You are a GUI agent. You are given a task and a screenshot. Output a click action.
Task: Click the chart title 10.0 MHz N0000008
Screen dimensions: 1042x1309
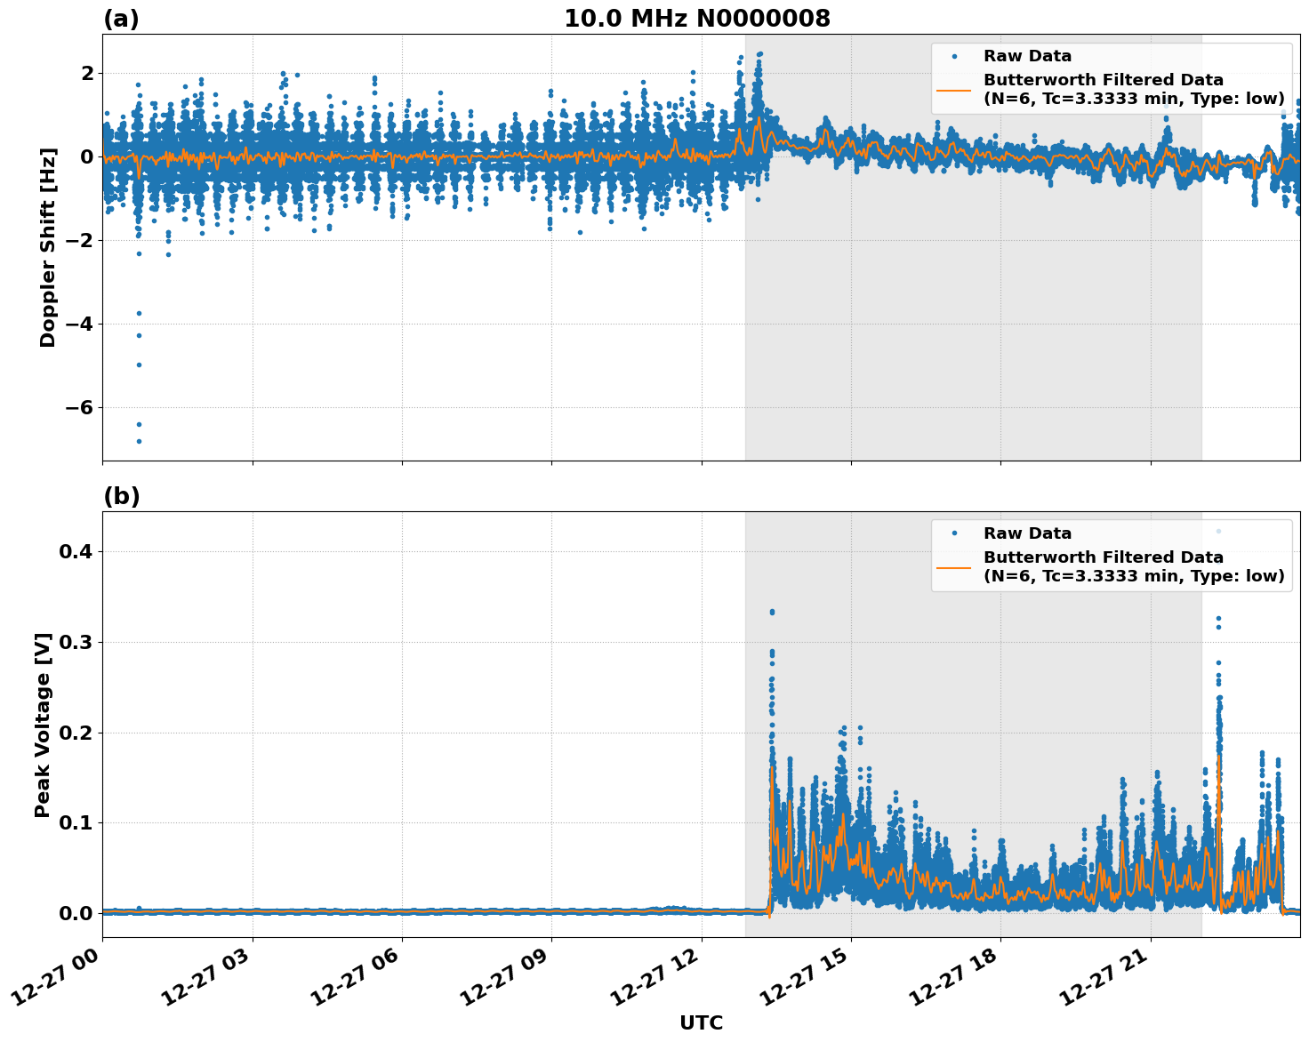696,19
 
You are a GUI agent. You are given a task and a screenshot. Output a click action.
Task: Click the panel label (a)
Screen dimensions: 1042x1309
121,19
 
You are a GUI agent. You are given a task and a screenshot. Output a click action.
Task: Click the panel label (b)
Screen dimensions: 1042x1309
121,496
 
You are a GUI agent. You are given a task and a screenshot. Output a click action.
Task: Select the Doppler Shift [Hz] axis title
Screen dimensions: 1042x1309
48,247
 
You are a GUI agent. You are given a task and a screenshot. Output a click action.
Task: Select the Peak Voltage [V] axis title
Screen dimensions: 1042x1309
43,725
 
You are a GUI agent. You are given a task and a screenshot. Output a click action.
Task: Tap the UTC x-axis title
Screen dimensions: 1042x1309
701,1022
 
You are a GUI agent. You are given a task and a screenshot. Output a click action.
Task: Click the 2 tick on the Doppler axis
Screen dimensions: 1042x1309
87,73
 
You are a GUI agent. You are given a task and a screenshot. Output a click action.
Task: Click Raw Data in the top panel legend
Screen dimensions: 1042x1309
1027,56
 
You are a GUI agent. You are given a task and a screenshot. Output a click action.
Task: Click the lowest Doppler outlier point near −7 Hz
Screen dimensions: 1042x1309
139,441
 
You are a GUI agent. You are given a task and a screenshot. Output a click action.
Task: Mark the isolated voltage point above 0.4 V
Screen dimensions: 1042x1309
1218,532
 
